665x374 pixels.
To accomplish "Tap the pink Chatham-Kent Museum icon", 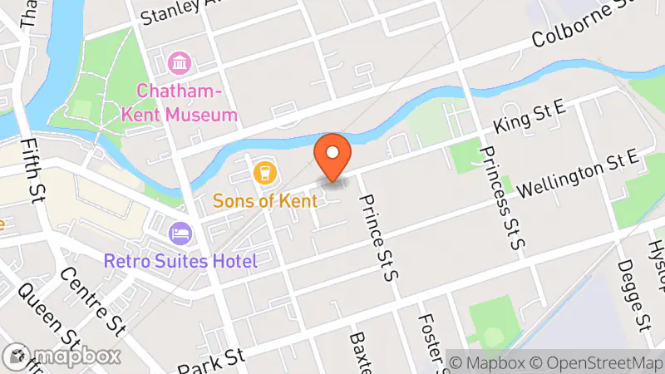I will coord(179,62).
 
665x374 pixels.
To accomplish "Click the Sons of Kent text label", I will coord(265,200).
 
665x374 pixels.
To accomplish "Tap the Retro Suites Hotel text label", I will coord(180,261).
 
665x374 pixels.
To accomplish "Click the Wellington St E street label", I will coord(577,175).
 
